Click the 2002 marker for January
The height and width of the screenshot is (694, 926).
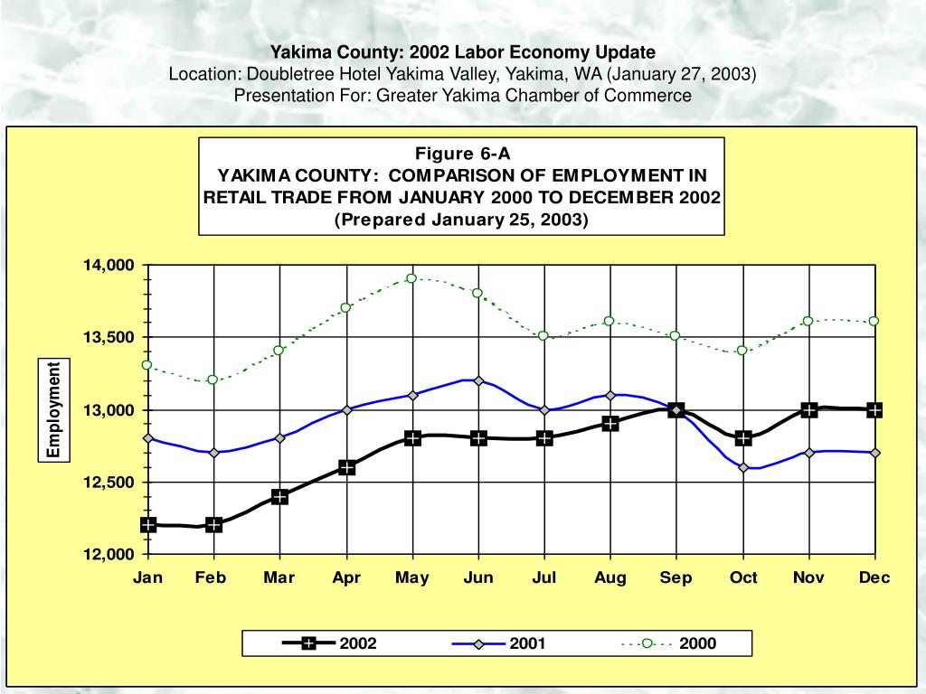tap(148, 525)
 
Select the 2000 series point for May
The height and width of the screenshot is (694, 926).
tap(411, 278)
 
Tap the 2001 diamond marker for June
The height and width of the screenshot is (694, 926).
tap(478, 380)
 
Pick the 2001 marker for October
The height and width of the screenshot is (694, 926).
tap(742, 467)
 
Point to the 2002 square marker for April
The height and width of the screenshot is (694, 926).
tap(346, 467)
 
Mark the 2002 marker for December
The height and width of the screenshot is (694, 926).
tap(874, 409)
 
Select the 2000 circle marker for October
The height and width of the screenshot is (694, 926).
tap(742, 351)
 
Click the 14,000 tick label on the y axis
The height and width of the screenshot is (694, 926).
tap(109, 266)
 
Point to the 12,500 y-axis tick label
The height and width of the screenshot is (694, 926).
tap(109, 483)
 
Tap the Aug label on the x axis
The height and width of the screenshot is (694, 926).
tap(610, 578)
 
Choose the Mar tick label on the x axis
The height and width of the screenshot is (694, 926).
tap(280, 578)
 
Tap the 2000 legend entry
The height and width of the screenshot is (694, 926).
tap(696, 643)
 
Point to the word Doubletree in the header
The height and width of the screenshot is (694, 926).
tap(286, 73)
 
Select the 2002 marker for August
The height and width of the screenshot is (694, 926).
tap(610, 423)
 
